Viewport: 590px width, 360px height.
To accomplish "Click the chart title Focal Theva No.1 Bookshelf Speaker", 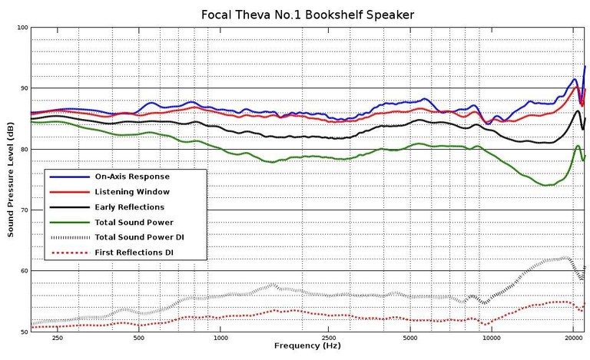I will point(307,14).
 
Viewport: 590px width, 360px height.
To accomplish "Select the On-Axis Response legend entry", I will point(132,176).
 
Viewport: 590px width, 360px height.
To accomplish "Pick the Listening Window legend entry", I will point(131,191).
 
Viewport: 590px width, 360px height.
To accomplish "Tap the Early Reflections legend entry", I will point(129,206).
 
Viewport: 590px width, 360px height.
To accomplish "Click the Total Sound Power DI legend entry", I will point(139,237).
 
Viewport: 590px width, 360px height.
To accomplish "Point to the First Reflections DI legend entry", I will point(138,253).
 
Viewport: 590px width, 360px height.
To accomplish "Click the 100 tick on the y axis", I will point(22,28).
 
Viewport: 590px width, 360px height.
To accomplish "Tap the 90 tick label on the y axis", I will point(24,88).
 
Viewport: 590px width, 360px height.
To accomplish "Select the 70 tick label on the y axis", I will point(24,210).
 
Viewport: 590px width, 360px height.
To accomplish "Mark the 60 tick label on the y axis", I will point(24,270).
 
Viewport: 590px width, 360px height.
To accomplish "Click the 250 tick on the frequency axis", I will point(57,338).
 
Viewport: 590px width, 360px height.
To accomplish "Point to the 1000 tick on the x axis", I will point(221,338).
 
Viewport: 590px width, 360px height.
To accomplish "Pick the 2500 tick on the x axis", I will point(330,338).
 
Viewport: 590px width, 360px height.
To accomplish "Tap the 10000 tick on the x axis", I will point(493,338).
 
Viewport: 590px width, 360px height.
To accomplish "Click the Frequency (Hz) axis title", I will point(307,346).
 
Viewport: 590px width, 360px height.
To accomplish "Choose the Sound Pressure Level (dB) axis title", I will point(11,179).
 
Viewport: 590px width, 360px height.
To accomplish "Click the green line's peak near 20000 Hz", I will point(578,146).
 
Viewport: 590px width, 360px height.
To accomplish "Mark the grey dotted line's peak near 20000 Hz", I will point(565,258).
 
